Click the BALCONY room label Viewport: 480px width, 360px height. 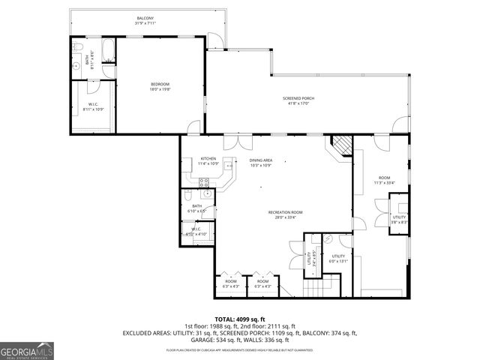coord(145,19)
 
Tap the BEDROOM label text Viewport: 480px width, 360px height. coord(160,85)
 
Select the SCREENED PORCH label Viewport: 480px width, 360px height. coord(298,101)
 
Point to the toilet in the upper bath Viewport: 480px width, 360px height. coord(78,48)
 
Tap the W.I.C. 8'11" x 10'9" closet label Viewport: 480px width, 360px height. coord(94,106)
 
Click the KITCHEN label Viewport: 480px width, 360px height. coord(208,160)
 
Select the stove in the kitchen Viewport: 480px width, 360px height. coord(202,182)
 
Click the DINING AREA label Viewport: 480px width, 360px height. coord(261,162)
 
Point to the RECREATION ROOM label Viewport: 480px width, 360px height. coord(285,214)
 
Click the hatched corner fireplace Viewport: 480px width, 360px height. coord(342,145)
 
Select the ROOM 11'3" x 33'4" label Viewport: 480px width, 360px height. coord(384,180)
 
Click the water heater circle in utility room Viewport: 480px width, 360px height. coord(328,238)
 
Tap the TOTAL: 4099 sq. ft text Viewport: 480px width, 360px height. coord(240,319)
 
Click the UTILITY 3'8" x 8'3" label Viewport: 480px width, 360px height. coord(399,220)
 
